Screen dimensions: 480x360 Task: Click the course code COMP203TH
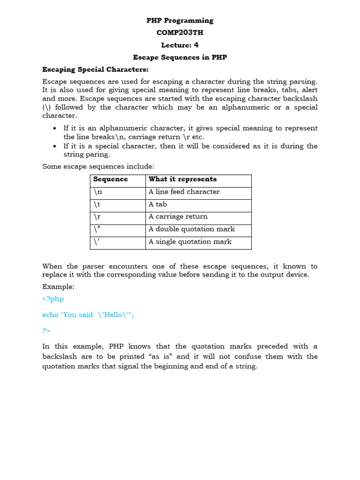[x=180, y=33]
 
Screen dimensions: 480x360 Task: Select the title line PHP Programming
[x=180, y=21]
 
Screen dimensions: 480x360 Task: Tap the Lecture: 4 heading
[x=180, y=45]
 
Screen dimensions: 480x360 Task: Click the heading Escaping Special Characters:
[x=95, y=69]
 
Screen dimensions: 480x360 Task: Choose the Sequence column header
[x=111, y=179]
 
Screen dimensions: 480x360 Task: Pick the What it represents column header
[x=183, y=179]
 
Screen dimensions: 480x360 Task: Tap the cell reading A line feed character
[x=184, y=192]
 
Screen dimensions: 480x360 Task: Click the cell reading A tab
[x=157, y=204]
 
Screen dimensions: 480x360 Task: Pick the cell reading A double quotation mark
[x=192, y=229]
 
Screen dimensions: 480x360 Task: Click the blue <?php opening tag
[x=53, y=299]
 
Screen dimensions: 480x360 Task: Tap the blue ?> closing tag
[x=46, y=330]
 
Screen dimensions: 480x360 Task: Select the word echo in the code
[x=50, y=315]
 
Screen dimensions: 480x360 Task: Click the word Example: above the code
[x=58, y=286]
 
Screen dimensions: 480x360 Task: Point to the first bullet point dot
[x=55, y=128]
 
